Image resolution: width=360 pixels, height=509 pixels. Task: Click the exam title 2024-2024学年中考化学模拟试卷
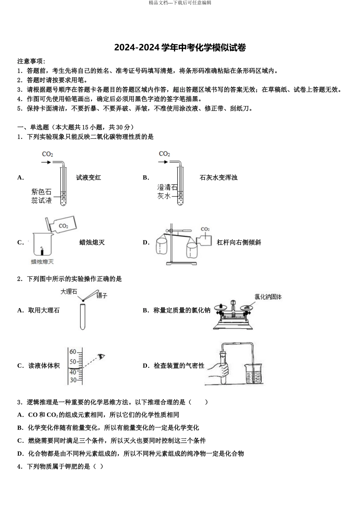point(180,48)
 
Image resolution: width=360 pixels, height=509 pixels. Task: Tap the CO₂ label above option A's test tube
point(48,154)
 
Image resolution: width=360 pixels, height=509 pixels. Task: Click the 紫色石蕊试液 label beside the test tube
point(41,196)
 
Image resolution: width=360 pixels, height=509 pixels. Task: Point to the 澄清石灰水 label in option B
point(167,192)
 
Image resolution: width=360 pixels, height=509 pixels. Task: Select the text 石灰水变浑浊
point(218,178)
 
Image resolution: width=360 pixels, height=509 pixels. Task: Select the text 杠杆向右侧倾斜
point(239,242)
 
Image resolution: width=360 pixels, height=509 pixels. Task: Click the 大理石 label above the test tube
point(69,291)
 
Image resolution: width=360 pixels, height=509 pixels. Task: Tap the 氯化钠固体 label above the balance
point(268,297)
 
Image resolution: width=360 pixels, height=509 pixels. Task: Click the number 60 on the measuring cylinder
point(73,351)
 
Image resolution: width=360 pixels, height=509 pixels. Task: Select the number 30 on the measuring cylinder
point(73,380)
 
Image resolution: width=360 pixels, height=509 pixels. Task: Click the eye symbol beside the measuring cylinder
point(101,356)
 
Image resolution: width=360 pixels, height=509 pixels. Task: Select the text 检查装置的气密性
point(179,365)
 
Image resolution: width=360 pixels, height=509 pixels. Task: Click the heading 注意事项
point(31,61)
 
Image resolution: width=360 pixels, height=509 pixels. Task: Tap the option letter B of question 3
point(20,428)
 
